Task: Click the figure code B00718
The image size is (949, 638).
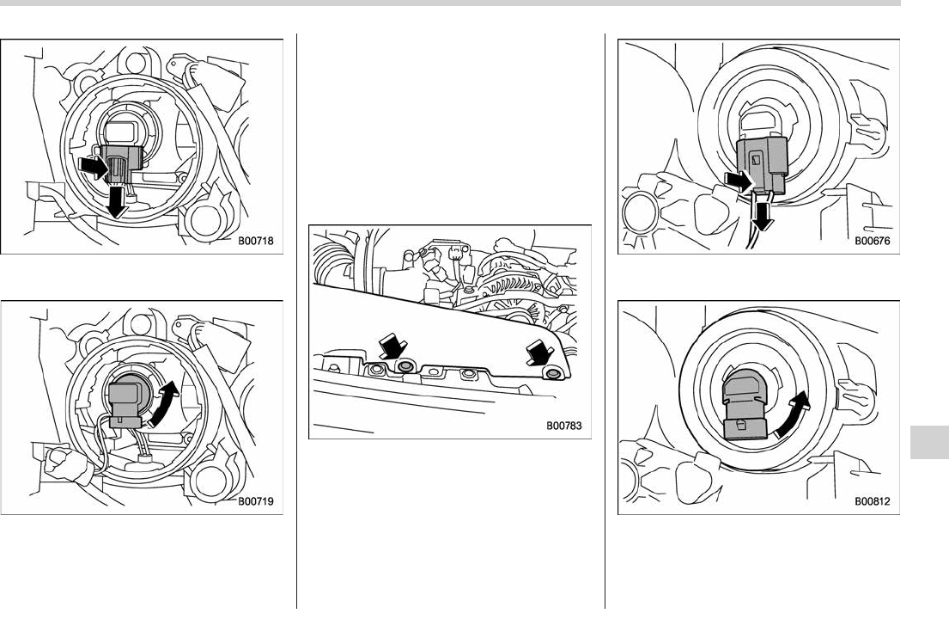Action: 255,241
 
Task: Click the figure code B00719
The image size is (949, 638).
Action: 255,501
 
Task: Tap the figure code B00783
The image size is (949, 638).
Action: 564,426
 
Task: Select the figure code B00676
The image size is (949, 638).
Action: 873,241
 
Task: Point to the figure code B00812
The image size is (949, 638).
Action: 873,501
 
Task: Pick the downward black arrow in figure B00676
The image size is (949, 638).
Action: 763,216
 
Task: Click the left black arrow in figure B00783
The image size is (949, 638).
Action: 391,347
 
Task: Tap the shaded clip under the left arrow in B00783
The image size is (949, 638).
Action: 405,366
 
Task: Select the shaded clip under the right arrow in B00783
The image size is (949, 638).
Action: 552,373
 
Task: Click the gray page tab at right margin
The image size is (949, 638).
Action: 929,442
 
